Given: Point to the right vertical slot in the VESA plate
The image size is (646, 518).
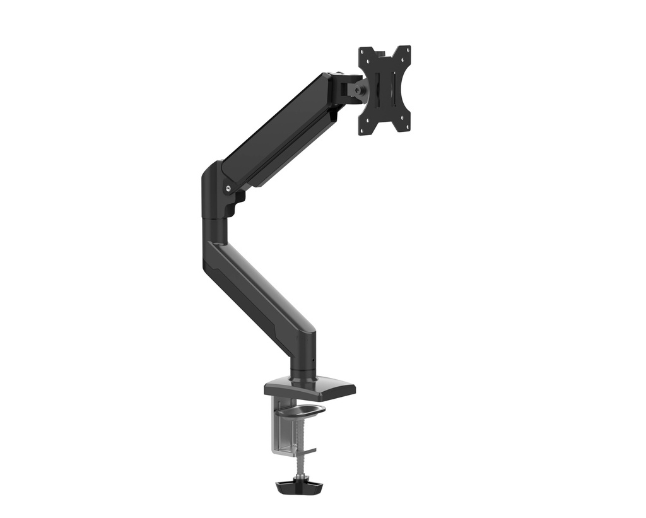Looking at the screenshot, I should coord(394,90).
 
